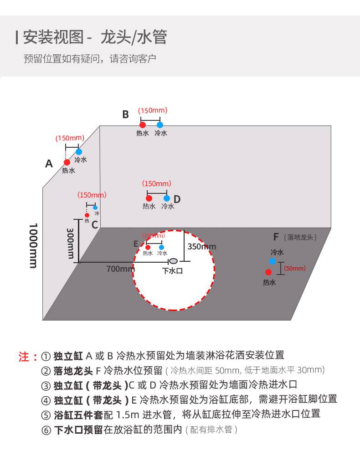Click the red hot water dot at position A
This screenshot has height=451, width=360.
point(67,162)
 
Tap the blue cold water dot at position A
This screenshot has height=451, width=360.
point(79,151)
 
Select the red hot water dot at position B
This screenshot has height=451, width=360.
point(143,124)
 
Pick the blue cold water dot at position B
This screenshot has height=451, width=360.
point(159,124)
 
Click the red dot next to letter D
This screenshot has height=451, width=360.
point(149,198)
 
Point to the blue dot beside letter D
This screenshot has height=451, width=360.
point(167,198)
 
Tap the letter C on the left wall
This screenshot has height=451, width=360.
point(95,224)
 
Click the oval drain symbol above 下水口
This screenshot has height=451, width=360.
point(174,261)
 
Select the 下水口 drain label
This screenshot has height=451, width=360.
point(173,270)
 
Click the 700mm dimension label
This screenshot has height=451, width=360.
point(120,269)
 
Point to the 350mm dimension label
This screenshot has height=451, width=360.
point(202,247)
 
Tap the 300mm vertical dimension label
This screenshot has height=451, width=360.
point(71,243)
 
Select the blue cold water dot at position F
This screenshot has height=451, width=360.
point(272,261)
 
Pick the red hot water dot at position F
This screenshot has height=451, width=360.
point(268,272)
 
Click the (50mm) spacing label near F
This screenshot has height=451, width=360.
point(295,269)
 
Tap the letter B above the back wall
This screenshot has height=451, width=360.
point(125,114)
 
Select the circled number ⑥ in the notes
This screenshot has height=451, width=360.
point(46,430)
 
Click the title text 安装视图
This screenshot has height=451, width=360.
point(53,37)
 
